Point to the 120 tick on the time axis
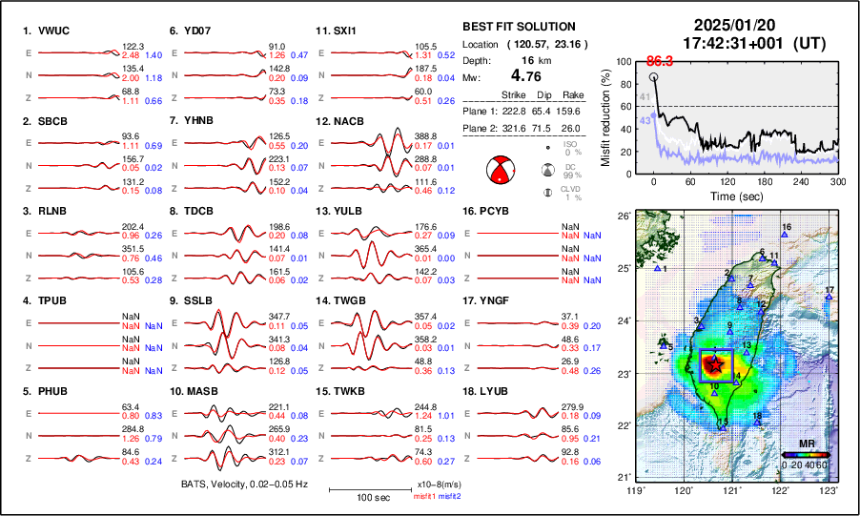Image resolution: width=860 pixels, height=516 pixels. (727, 181)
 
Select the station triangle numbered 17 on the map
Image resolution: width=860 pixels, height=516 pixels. (829, 299)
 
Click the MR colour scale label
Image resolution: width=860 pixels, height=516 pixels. (806, 444)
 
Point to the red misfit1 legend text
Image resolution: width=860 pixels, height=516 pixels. (424, 497)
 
